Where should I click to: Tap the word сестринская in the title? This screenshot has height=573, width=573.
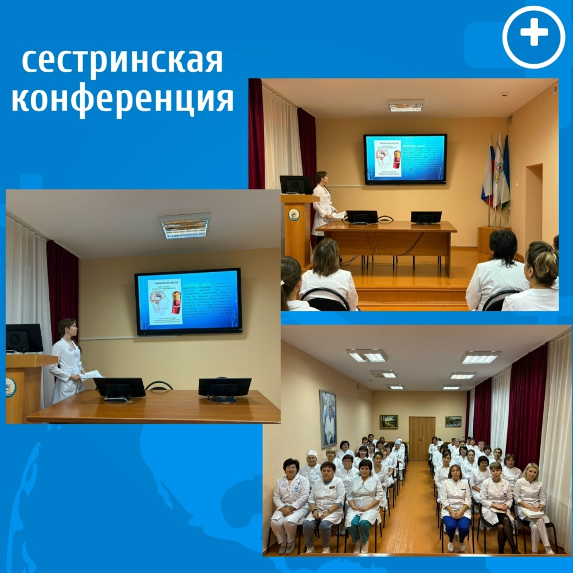121,60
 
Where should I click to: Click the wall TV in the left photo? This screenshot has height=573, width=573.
188,301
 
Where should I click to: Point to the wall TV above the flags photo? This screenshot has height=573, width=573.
405,159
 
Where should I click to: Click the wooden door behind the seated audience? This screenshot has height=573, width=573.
422,438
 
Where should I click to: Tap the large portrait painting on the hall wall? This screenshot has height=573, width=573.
328,418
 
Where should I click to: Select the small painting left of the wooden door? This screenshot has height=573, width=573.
388,422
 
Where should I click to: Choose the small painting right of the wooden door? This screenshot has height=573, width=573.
453,422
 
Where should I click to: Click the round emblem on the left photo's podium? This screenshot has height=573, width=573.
10,387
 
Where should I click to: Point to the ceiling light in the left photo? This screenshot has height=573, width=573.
185,226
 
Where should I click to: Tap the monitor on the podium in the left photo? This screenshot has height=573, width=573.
24,338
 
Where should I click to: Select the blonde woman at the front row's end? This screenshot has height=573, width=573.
531,501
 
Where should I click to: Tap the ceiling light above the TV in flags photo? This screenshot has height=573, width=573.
405,105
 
